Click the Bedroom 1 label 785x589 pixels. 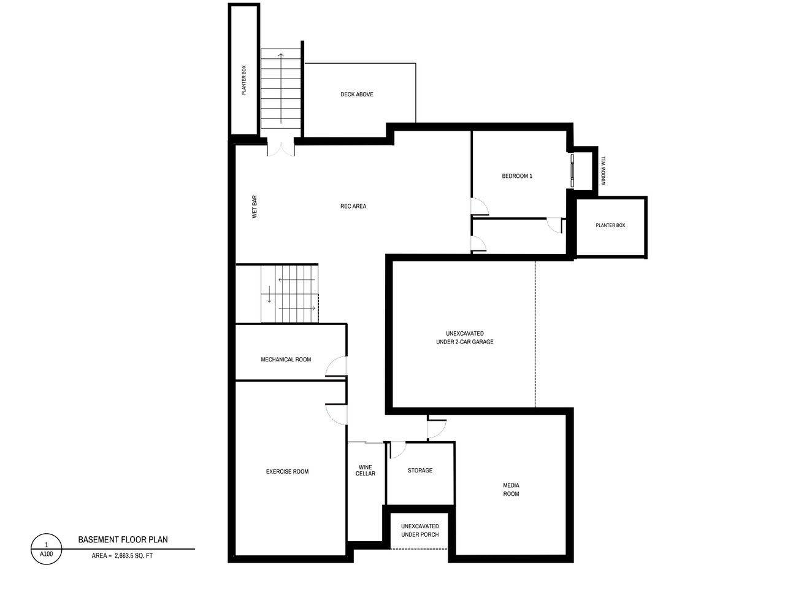517,176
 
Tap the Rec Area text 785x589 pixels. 353,206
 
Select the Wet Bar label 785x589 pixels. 255,207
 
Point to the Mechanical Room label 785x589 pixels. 286,360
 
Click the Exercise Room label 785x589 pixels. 287,471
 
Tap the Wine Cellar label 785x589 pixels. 365,470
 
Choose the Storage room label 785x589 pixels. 420,470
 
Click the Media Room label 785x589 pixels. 511,490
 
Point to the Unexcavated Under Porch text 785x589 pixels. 420,530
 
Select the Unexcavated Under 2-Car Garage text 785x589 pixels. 465,337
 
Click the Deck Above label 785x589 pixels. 356,94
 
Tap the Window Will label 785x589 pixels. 603,170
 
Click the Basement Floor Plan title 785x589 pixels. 123,540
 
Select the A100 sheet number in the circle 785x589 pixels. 46,554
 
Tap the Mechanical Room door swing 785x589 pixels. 336,366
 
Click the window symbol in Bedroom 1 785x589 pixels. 572,170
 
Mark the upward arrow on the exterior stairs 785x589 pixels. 281,88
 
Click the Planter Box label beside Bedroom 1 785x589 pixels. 610,225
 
